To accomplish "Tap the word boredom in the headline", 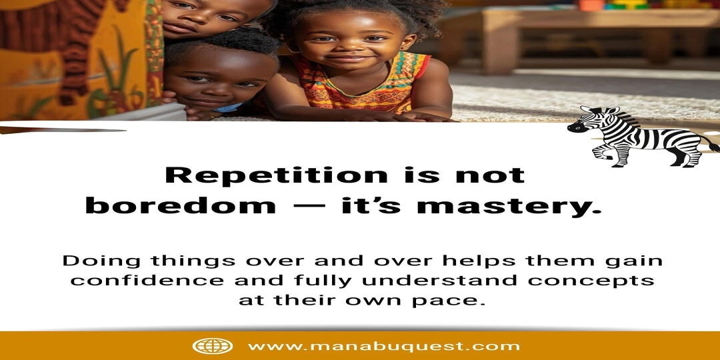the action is pyautogui.click(x=181, y=206).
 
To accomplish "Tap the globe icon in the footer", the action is pyautogui.click(x=212, y=346).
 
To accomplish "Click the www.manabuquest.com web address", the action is pyautogui.click(x=384, y=346).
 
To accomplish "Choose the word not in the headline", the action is pyautogui.click(x=490, y=175).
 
